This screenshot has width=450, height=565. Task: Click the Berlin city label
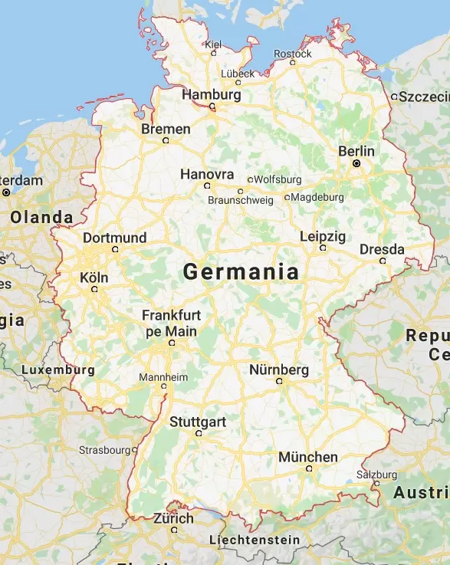pyautogui.click(x=356, y=151)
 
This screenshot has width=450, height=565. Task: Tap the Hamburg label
pyautogui.click(x=212, y=95)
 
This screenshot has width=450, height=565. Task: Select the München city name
pyautogui.click(x=307, y=457)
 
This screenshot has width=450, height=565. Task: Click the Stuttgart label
pyautogui.click(x=198, y=422)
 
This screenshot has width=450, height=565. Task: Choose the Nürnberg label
pyautogui.click(x=279, y=370)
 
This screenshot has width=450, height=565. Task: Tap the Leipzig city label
pyautogui.click(x=323, y=236)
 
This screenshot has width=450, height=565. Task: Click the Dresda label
pyautogui.click(x=382, y=249)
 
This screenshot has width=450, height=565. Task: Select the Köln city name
pyautogui.click(x=94, y=278)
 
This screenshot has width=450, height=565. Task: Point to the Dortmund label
pyautogui.click(x=114, y=238)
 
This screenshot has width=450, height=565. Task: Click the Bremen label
pyautogui.click(x=166, y=129)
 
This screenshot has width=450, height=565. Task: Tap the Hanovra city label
pyautogui.click(x=206, y=174)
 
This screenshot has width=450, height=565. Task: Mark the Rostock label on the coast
pyautogui.click(x=293, y=54)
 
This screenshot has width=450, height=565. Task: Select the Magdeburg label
pyautogui.click(x=317, y=197)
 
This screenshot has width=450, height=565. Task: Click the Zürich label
pyautogui.click(x=173, y=518)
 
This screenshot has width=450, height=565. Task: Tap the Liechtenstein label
pyautogui.click(x=255, y=540)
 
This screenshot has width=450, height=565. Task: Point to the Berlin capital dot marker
pyautogui.click(x=356, y=164)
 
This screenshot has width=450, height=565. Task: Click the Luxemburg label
pyautogui.click(x=58, y=370)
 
